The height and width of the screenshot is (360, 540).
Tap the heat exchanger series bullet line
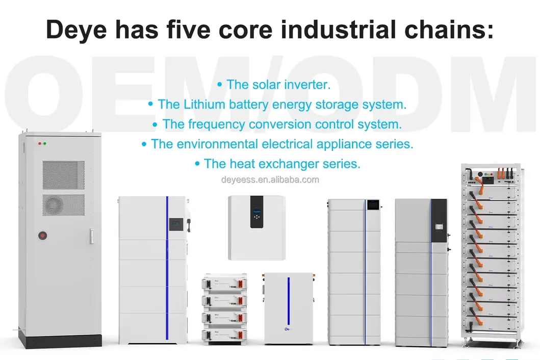[277, 164]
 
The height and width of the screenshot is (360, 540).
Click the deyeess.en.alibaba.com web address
[270, 179]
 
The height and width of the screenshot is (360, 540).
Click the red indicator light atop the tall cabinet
[39, 144]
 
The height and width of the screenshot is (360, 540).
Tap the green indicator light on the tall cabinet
[45, 144]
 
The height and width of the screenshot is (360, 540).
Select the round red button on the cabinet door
[43, 236]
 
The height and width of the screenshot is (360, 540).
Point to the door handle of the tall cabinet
[92, 235]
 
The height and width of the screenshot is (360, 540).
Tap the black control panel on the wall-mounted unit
[256, 212]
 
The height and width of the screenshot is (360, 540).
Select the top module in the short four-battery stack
[227, 281]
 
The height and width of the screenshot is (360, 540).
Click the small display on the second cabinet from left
[175, 224]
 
